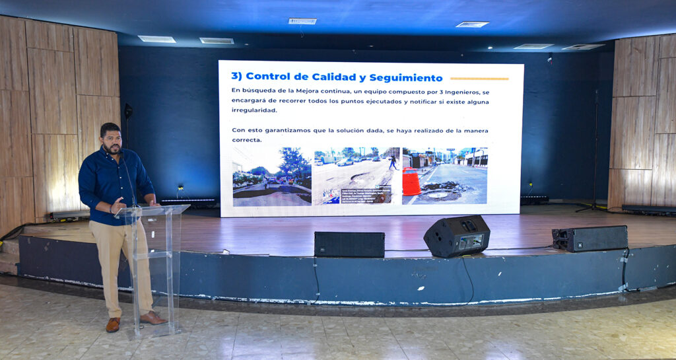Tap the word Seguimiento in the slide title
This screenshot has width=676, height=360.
pos(405,77)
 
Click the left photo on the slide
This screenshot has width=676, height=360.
pos(271,176)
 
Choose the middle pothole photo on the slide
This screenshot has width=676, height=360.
pos(356,176)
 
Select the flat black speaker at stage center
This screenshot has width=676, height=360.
pos(349,244)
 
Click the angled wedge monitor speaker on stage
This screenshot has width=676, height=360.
pos(456,236)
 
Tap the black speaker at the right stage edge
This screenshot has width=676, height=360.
pos(590,238)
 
